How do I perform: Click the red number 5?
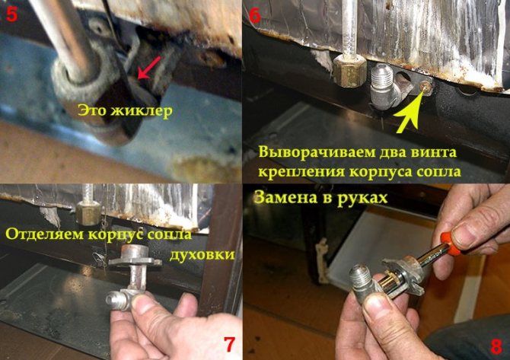click(x=11, y=14)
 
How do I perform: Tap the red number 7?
click(x=229, y=344)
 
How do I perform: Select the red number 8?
click(x=496, y=346)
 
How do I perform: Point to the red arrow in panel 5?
click(x=149, y=68)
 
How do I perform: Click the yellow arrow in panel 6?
click(x=410, y=110)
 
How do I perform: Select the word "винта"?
click(x=435, y=152)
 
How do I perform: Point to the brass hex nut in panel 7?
click(x=88, y=212)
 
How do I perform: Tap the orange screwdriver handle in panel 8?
click(x=450, y=243)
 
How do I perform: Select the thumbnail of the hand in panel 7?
click(x=142, y=304)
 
